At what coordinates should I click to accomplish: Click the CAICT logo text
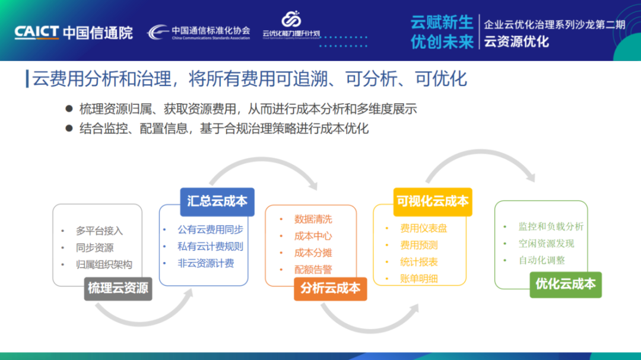coord(37,32)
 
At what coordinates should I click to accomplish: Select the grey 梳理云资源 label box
coord(118,288)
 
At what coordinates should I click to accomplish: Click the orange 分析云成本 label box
coord(330,288)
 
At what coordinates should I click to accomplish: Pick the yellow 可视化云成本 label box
coord(432,201)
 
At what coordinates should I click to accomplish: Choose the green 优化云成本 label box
coord(565,283)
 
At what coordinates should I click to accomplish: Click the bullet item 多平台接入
coord(99,231)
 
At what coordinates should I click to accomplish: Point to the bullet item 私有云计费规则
coord(210,247)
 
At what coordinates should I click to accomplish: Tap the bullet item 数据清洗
coord(313,219)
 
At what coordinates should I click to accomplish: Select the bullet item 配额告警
coord(313,269)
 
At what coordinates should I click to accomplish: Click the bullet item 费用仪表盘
coord(424,228)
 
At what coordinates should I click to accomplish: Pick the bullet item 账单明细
coord(419,278)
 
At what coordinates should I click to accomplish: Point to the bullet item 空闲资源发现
coord(546,243)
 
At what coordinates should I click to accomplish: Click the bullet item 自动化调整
coord(542,260)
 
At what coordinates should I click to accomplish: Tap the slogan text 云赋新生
coord(442,23)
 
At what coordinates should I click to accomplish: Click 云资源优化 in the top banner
coord(516,42)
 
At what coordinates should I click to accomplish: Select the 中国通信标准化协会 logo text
coord(211,30)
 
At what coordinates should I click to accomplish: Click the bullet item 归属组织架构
coord(104,265)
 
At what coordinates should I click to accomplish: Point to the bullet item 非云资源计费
coord(205,263)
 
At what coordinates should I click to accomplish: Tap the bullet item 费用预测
coord(419,245)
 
